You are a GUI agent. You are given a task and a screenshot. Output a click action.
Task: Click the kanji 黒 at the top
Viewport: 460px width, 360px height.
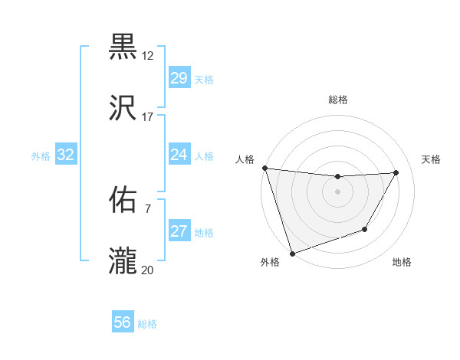pos(123,47)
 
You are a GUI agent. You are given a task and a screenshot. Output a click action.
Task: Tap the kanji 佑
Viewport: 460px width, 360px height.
pos(123,200)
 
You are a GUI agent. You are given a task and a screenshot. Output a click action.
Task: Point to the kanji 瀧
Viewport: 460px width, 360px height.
pos(123,260)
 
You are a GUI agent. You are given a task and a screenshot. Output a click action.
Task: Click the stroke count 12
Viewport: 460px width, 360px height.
pos(148,56)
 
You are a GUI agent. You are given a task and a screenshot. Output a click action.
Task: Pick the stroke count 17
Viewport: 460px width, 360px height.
pos(148,116)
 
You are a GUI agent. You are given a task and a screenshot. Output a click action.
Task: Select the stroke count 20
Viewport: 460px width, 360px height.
pos(148,269)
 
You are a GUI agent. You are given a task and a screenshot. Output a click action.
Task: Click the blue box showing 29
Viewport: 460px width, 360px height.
pos(179,78)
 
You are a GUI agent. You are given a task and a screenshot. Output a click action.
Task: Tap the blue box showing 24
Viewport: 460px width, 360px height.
pos(179,155)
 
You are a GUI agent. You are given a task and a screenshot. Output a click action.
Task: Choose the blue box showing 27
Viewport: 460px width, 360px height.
pos(179,231)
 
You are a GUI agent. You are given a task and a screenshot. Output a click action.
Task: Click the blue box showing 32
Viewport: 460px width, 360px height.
pos(66,155)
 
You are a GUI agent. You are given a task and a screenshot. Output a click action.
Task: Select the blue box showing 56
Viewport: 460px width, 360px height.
pos(122,322)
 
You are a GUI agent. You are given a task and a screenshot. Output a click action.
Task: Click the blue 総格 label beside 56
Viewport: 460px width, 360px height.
pos(147,324)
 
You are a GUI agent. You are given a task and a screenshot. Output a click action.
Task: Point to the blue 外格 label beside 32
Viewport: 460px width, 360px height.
pos(41,156)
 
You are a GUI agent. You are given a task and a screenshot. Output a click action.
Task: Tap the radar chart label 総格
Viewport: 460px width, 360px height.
pos(337,100)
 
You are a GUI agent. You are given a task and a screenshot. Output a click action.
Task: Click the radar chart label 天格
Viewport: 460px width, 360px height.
pos(431,159)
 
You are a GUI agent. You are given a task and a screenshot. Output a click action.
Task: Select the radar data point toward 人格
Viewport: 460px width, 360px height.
pos(264,168)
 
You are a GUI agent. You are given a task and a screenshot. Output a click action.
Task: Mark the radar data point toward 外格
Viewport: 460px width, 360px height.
pos(292,253)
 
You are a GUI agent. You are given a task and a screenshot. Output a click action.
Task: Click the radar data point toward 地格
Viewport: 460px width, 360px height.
pos(365,229)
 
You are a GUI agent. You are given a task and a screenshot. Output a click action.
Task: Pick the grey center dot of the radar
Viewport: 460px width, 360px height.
pos(337,191)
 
